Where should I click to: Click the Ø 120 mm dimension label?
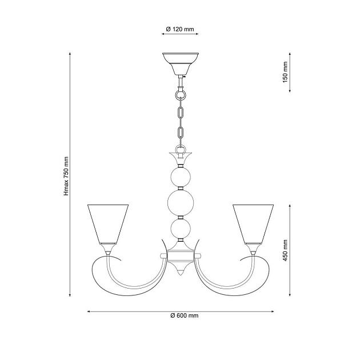click(x=179, y=29)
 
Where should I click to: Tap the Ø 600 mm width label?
click(x=184, y=316)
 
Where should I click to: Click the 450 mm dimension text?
click(x=285, y=249)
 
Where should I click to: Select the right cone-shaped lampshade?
click(x=254, y=223)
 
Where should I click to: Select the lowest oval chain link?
click(x=181, y=133)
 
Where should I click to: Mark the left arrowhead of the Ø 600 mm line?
click(x=89, y=311)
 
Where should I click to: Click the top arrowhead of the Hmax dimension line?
click(x=70, y=54)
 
